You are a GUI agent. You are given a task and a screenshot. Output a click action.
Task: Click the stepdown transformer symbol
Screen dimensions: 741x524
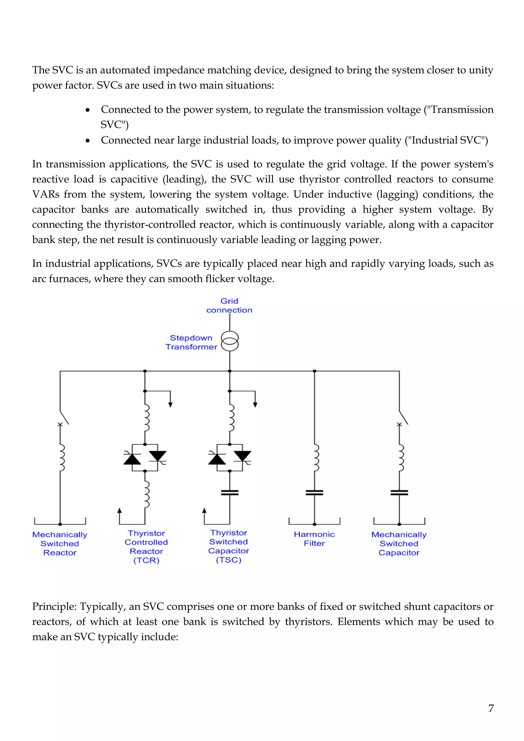230,341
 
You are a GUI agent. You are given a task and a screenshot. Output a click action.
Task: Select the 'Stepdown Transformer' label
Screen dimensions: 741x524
191,342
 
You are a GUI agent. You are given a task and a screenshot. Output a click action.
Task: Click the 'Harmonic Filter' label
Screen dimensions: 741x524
314,539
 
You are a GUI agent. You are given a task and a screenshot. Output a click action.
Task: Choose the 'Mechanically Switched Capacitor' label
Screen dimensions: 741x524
399,543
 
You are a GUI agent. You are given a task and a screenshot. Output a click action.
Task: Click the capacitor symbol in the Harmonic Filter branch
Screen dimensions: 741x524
314,493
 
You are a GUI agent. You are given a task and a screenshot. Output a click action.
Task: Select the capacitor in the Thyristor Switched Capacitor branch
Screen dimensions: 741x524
230,493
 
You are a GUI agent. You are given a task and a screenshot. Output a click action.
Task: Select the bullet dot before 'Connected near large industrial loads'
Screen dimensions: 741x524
88,140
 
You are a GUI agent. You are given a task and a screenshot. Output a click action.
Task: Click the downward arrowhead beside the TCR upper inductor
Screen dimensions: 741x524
170,405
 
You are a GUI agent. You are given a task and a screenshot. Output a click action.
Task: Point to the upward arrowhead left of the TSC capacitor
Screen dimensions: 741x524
204,510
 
